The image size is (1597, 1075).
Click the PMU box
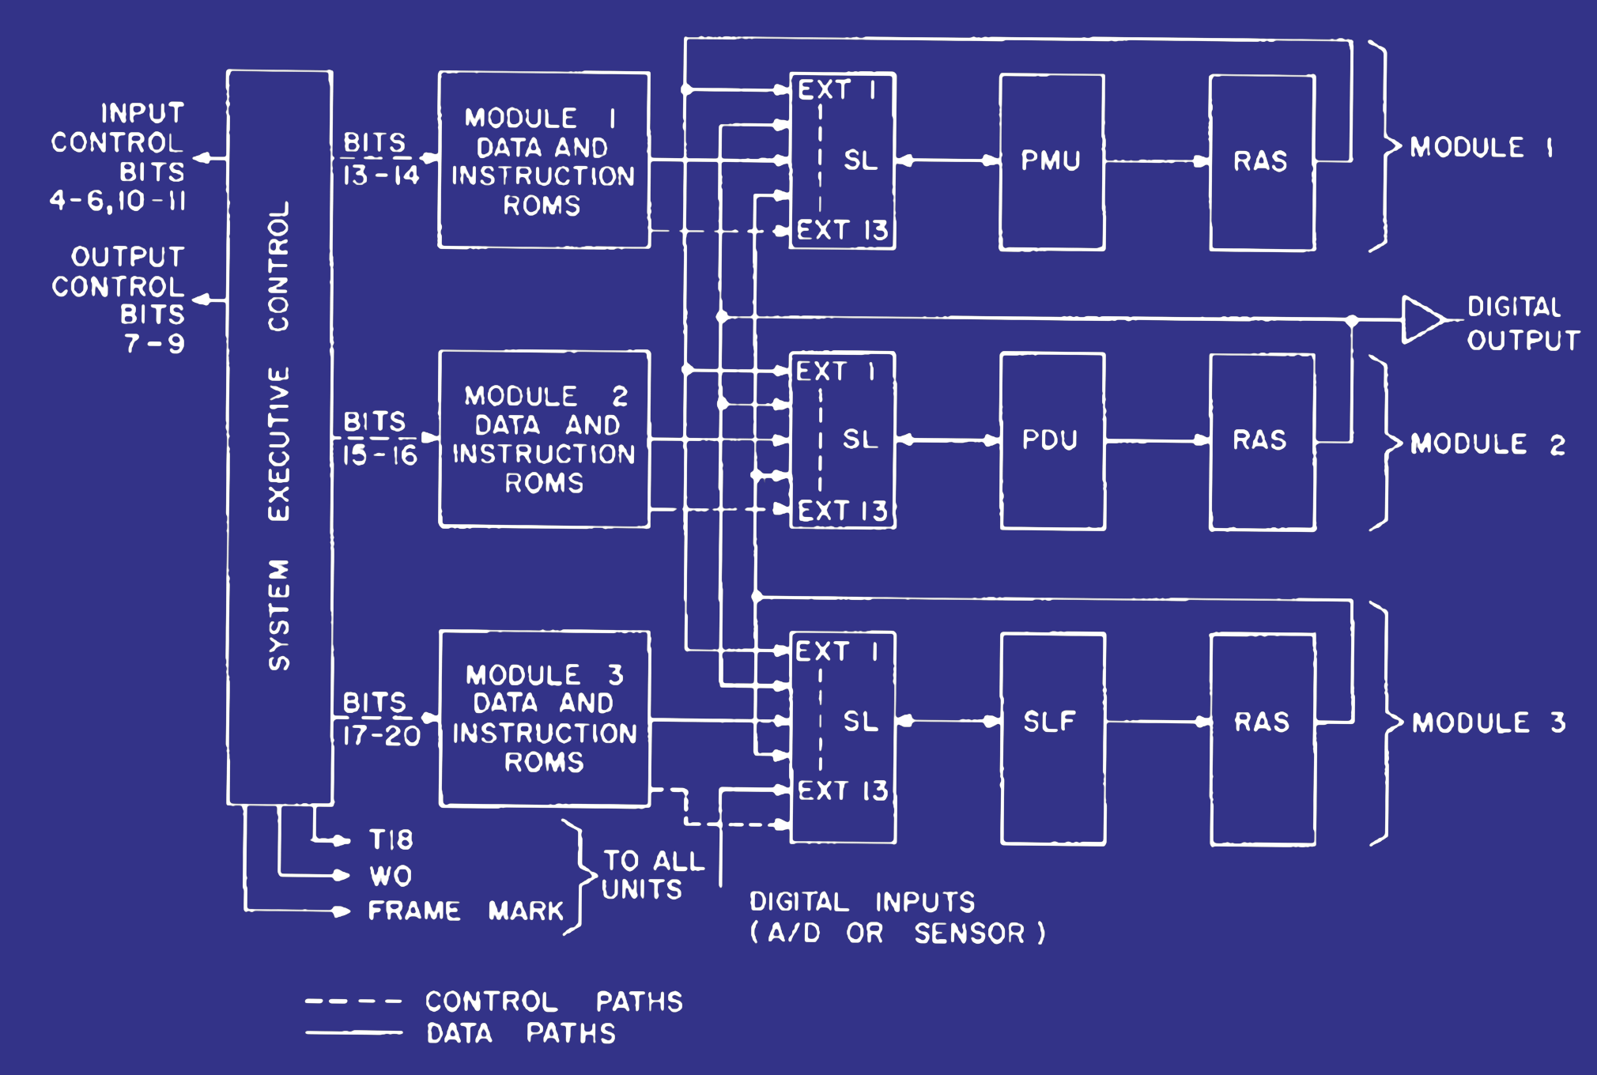1051,161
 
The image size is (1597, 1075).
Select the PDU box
1051,440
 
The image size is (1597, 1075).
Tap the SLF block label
1050,721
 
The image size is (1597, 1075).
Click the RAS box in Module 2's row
1262,440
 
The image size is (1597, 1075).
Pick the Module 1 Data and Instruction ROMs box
544,160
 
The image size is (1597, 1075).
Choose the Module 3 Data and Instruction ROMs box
544,719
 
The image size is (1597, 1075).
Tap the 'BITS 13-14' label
380,159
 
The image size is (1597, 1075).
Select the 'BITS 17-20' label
380,719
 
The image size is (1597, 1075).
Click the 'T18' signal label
391,839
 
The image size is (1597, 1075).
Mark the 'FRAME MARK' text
466,911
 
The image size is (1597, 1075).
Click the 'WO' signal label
391,876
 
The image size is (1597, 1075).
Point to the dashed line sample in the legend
353,1001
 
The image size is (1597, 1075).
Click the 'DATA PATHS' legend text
520,1033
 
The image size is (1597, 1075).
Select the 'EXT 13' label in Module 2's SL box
842,511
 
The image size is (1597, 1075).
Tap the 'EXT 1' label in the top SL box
836,90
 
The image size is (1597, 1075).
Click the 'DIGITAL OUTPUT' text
1523,323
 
